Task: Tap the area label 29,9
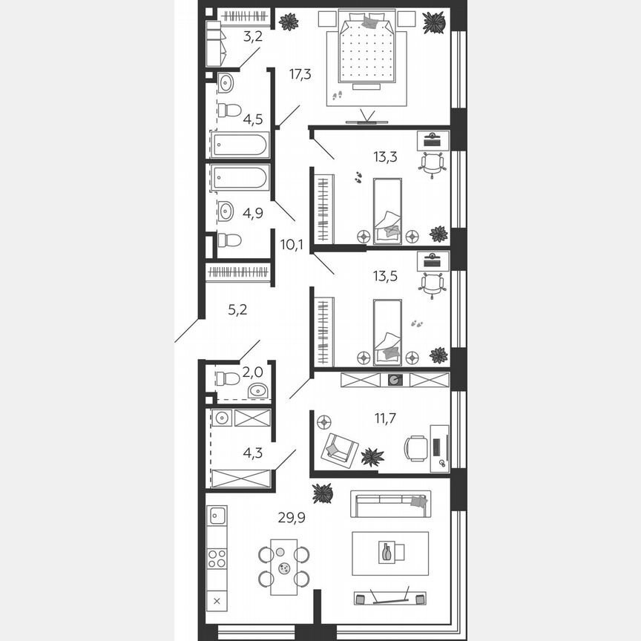(292, 517)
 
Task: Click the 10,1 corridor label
(292, 243)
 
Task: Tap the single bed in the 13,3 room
(387, 211)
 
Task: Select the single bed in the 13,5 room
(387, 332)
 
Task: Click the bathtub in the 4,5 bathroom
(239, 145)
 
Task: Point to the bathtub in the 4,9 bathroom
(239, 178)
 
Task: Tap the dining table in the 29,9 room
(283, 566)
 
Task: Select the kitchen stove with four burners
(217, 559)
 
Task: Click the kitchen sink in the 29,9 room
(217, 515)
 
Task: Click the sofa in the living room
(390, 504)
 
